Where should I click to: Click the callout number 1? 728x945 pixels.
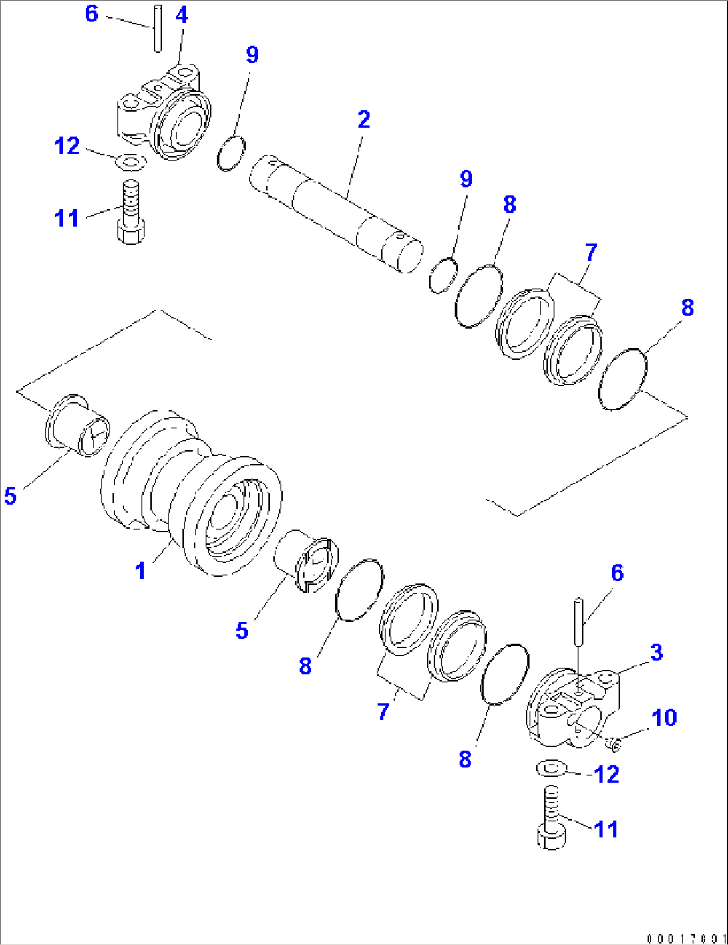click(x=140, y=571)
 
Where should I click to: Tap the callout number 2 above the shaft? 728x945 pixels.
click(x=363, y=120)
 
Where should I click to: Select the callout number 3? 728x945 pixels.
click(x=657, y=652)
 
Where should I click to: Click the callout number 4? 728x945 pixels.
click(x=182, y=15)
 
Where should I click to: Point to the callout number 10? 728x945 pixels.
click(x=664, y=718)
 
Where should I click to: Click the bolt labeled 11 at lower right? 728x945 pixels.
click(x=551, y=818)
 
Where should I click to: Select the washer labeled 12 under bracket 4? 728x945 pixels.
click(x=131, y=161)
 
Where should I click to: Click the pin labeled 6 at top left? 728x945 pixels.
click(x=157, y=27)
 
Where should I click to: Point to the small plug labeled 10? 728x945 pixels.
click(x=613, y=741)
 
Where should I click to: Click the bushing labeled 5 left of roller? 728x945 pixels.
click(x=76, y=426)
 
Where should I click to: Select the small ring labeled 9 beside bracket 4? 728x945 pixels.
click(x=232, y=153)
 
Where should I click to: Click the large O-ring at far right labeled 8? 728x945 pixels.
click(x=623, y=378)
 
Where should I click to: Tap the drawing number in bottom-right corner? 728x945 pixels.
click(x=685, y=938)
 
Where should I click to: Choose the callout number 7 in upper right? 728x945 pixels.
click(x=590, y=253)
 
